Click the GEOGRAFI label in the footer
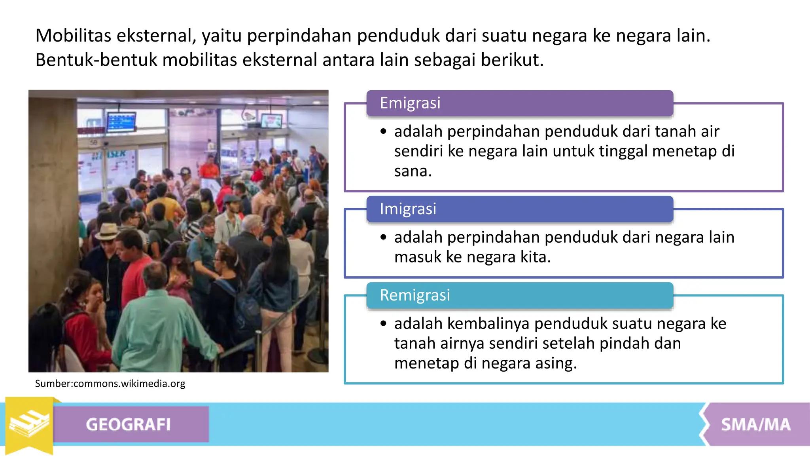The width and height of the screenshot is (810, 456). tap(128, 424)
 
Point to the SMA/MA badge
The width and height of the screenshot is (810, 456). tap(755, 424)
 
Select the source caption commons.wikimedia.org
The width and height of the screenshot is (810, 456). tap(110, 384)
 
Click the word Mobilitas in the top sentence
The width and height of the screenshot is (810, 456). tap(73, 36)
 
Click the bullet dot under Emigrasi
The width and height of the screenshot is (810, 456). tap(383, 131)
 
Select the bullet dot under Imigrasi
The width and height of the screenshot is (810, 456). tap(383, 237)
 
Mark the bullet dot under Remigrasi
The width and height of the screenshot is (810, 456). tap(383, 323)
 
